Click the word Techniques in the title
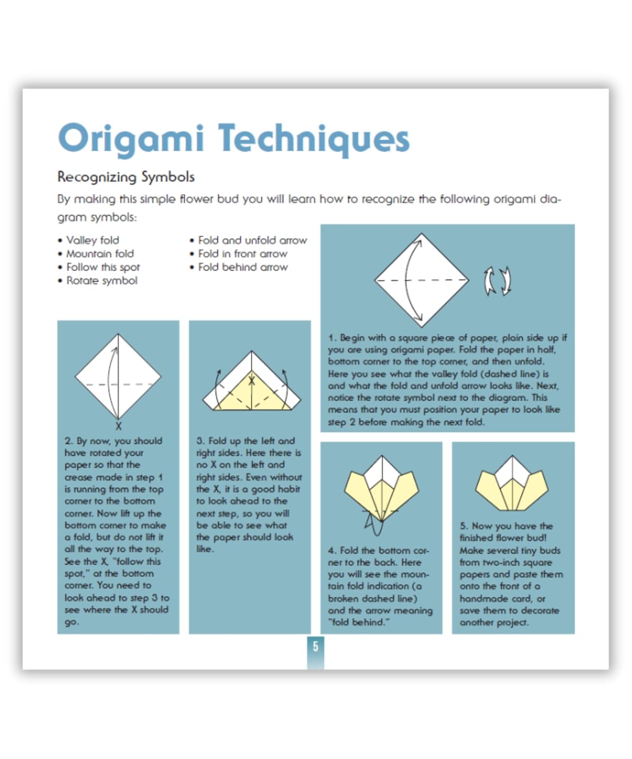click(313, 139)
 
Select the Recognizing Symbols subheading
click(126, 177)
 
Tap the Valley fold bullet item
click(93, 240)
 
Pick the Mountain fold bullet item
click(100, 254)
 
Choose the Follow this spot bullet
click(103, 267)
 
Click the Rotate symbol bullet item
click(102, 280)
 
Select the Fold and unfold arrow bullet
click(252, 240)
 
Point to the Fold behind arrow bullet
click(243, 267)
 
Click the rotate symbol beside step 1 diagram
click(498, 280)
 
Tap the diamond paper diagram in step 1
click(421, 280)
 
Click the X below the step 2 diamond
click(118, 426)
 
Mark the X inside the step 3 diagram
click(252, 381)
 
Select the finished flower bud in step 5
click(512, 484)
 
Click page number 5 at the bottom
click(315, 646)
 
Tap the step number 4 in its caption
click(331, 551)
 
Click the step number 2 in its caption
click(68, 441)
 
